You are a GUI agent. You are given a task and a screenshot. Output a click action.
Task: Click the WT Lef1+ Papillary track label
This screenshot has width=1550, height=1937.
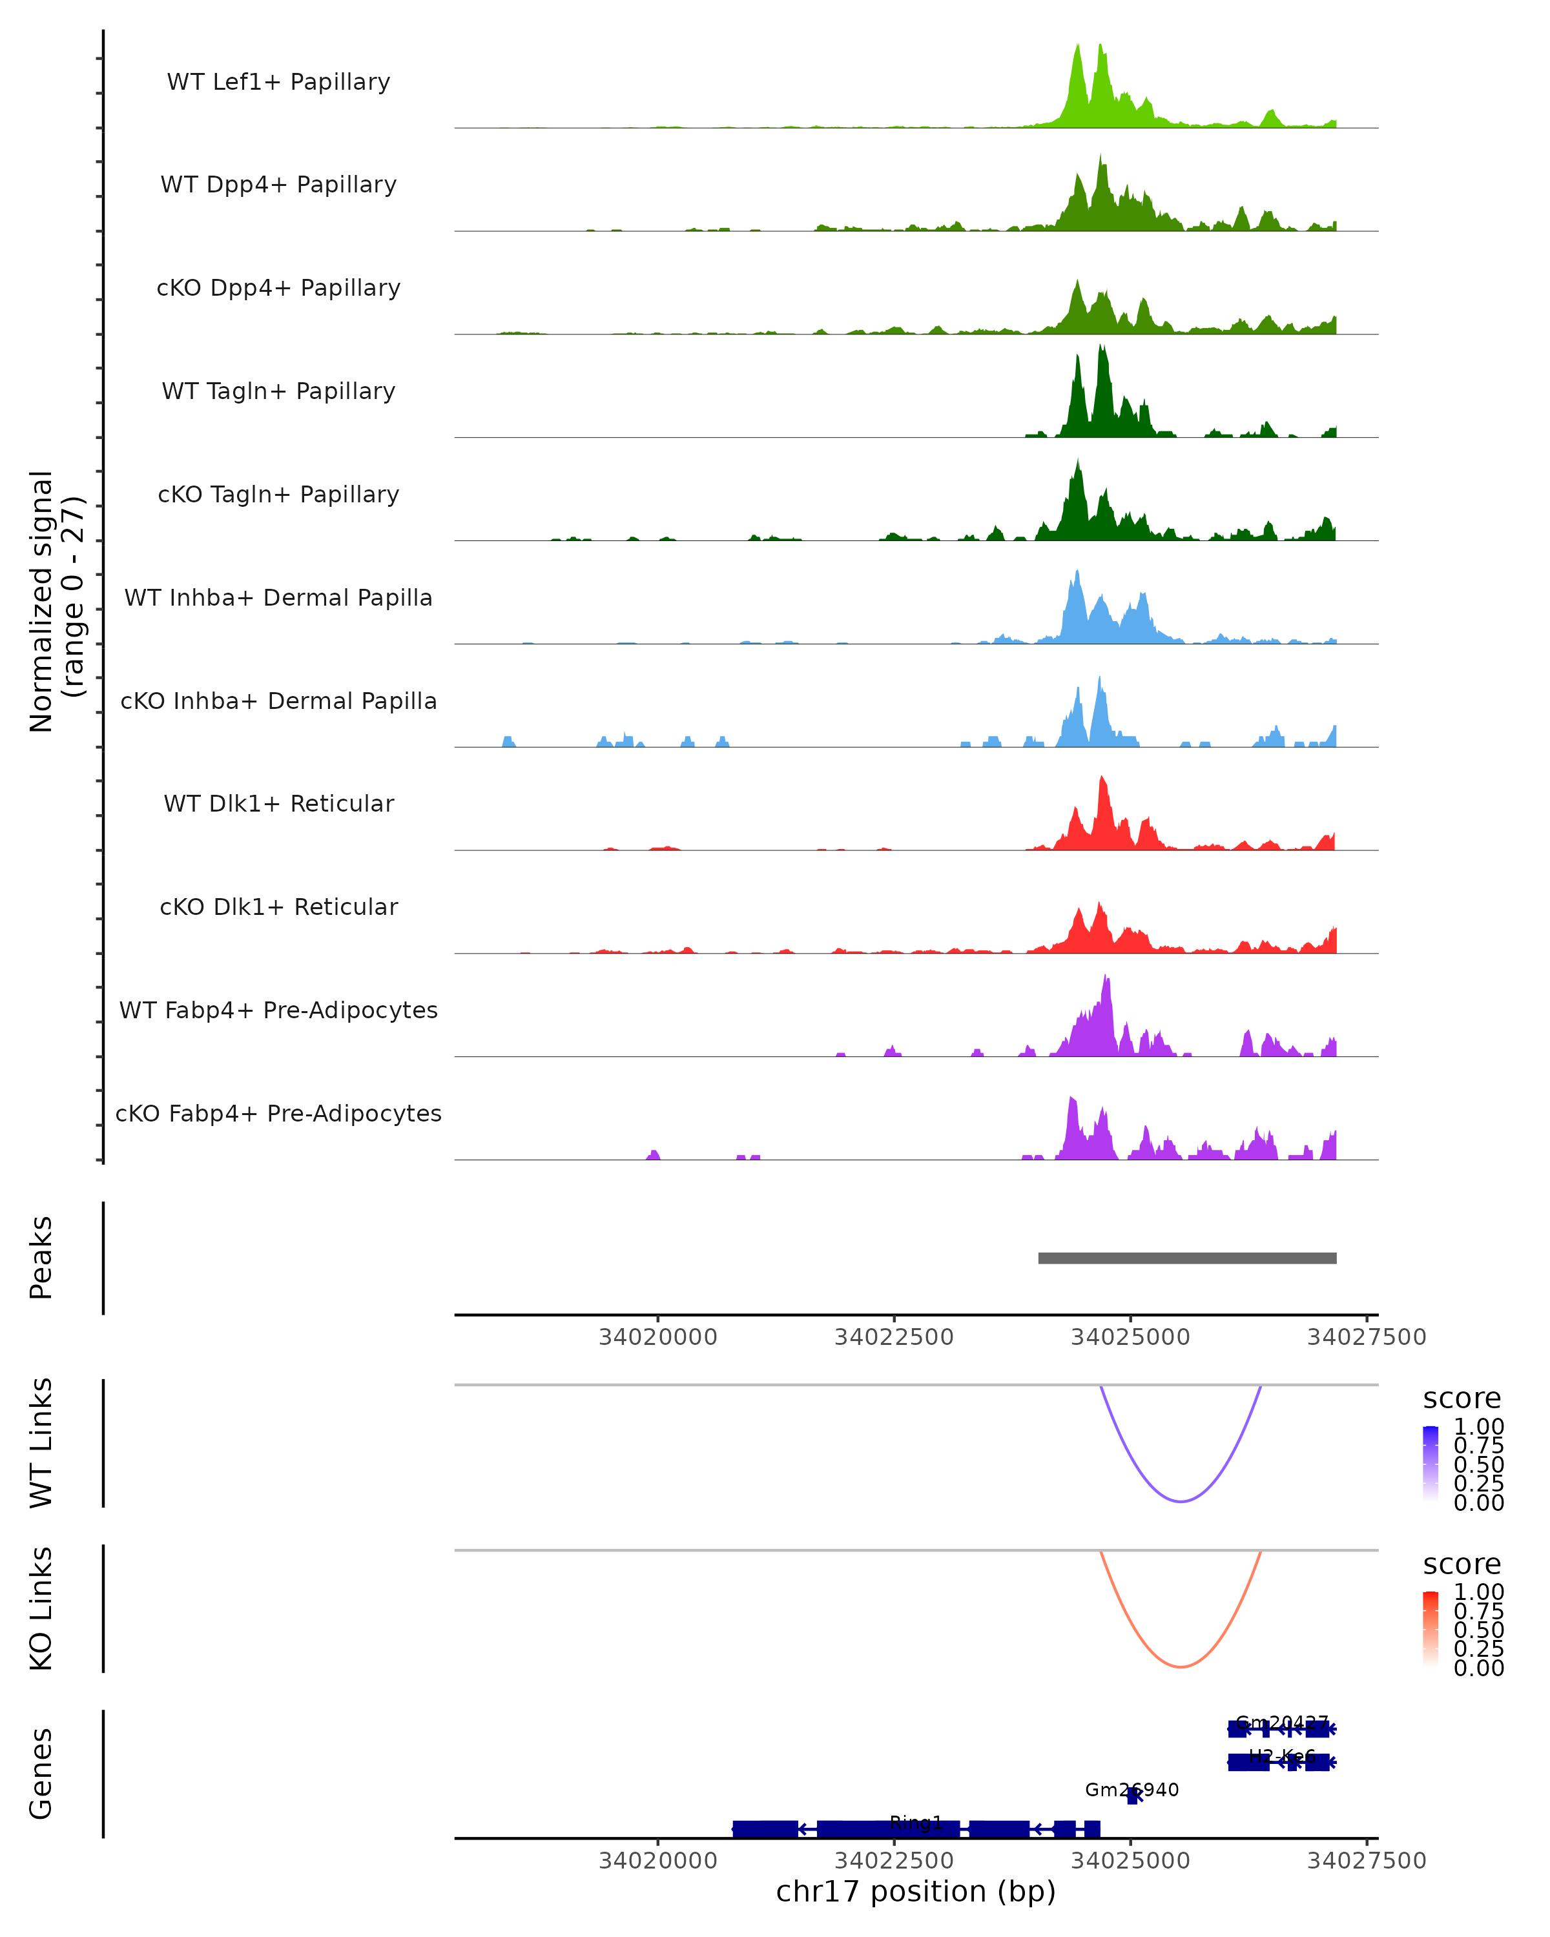(278, 82)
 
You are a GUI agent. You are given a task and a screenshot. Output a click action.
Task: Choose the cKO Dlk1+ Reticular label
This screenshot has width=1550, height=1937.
(278, 907)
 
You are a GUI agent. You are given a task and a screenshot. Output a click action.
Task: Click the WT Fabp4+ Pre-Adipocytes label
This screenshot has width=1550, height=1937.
(278, 1010)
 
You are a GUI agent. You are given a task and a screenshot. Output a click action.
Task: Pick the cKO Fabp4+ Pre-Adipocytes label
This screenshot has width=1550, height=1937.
(278, 1113)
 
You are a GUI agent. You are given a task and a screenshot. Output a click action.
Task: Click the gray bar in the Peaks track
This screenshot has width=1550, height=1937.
(1187, 1258)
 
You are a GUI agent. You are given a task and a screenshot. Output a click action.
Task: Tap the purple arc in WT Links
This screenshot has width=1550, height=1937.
(1181, 1501)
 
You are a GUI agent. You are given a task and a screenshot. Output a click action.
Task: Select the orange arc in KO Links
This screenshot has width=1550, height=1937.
(1181, 1666)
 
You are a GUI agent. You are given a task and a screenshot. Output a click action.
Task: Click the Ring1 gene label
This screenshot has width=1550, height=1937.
(916, 1822)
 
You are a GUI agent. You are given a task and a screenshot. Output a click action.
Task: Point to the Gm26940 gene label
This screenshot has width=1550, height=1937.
(1131, 1790)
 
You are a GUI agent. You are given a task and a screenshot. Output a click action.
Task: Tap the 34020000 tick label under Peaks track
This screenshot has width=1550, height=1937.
(657, 1337)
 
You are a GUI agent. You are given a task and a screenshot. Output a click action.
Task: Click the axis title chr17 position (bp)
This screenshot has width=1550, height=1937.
(916, 1892)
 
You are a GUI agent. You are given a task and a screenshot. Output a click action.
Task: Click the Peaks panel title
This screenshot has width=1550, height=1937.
(41, 1258)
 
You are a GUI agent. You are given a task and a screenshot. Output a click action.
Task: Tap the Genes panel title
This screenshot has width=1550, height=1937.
(41, 1774)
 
